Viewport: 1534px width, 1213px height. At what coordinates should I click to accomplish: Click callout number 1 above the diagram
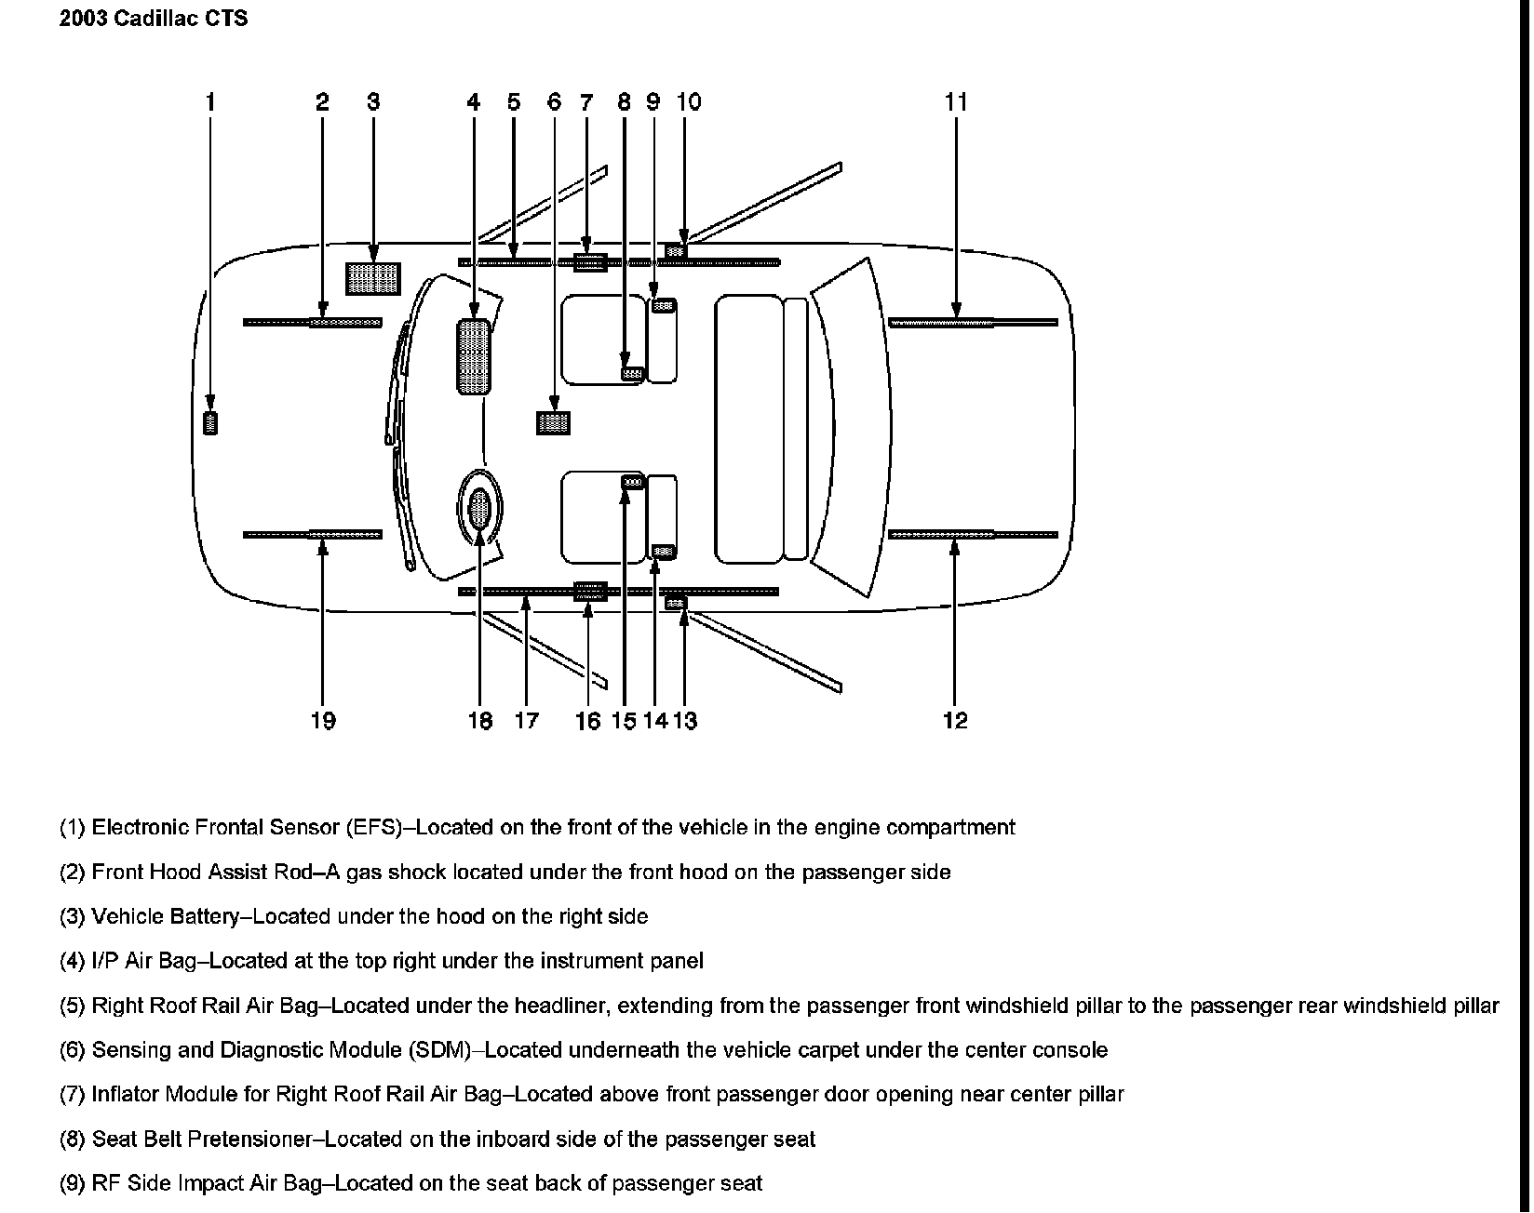point(210,102)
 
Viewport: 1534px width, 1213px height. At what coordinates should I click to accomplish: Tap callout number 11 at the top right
point(956,102)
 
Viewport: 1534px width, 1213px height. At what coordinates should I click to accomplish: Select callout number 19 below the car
point(322,721)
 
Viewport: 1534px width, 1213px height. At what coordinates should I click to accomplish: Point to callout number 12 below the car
point(955,721)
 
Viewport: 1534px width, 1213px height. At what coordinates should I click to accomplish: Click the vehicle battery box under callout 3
point(373,278)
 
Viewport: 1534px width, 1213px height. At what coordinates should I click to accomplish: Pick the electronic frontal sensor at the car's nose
point(210,423)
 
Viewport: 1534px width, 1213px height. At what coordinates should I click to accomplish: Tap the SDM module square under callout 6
point(554,423)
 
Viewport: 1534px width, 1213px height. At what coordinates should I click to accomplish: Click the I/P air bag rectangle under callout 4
point(474,356)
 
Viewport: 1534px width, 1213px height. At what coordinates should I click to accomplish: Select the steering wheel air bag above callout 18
point(480,509)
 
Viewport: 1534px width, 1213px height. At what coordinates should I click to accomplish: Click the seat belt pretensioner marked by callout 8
point(633,374)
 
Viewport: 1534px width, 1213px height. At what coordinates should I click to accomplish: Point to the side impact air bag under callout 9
point(663,306)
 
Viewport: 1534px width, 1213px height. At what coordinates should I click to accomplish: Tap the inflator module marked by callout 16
point(589,591)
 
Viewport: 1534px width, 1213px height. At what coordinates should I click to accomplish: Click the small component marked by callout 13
point(677,604)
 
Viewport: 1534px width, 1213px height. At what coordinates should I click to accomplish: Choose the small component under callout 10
point(677,249)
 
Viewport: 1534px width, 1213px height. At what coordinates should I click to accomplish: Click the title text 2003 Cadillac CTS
point(154,19)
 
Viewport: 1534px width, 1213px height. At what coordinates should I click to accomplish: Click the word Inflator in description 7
point(125,1094)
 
